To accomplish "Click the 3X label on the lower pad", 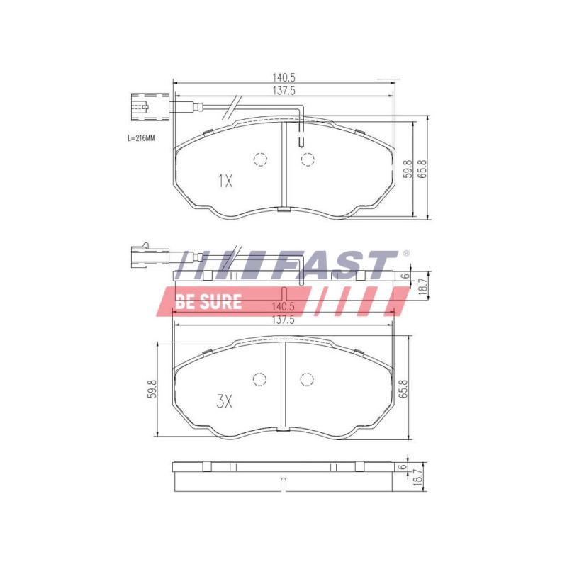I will (224, 402).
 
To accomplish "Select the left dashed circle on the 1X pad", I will (260, 159).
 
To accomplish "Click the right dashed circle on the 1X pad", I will (307, 159).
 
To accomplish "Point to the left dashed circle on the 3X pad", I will (260, 380).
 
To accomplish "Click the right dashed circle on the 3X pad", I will (307, 380).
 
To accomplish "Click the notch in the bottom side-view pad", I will (283, 485).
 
